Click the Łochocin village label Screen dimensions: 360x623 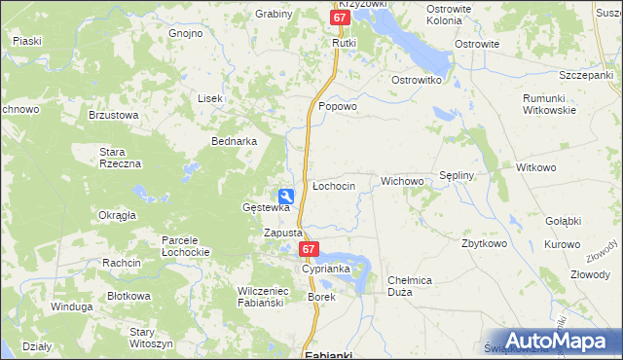tap(333, 185)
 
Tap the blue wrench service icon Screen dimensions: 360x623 tap(286, 195)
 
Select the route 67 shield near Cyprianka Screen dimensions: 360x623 tap(309, 250)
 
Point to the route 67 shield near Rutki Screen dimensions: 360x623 tap(340, 18)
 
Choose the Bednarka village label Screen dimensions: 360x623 tap(235, 141)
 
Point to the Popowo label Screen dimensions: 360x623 tap(339, 107)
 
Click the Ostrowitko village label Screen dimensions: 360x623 tap(418, 79)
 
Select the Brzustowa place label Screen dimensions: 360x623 tap(114, 114)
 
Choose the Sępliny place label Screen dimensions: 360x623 tap(457, 175)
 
